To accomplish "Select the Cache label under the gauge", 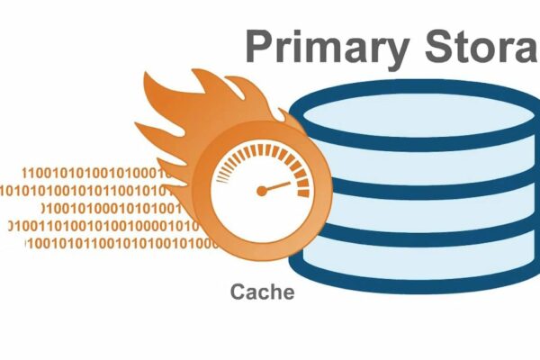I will pos(262,292).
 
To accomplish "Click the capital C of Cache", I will pos(238,292).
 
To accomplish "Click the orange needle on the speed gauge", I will pos(277,187).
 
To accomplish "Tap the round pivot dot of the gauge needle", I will pos(262,191).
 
